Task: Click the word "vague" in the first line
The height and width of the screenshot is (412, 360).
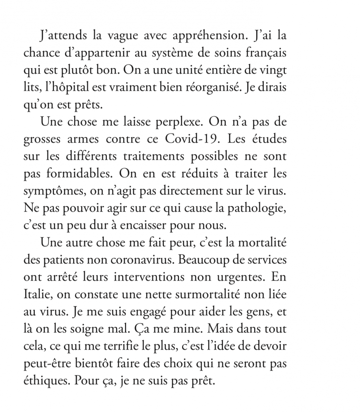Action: tap(125, 36)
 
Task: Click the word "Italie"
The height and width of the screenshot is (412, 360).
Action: tap(37, 294)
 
